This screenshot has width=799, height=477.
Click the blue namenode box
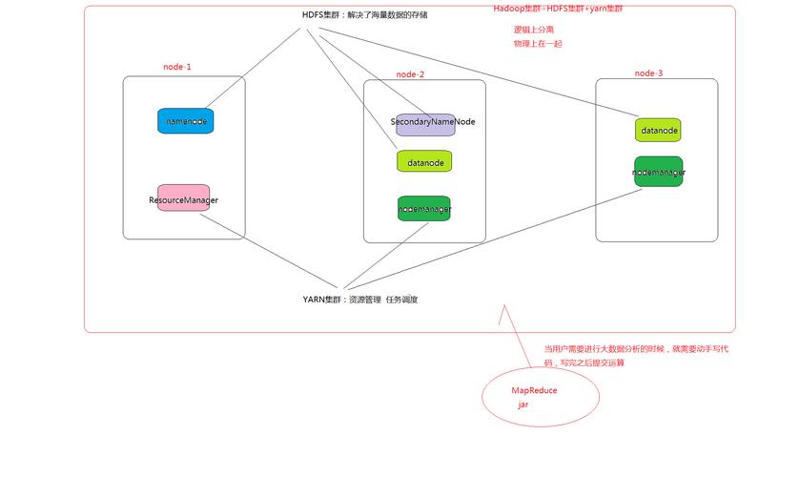(x=184, y=121)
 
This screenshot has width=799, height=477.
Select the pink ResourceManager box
(x=183, y=198)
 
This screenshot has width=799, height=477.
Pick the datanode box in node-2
(x=424, y=161)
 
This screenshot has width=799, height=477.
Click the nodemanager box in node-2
(x=424, y=208)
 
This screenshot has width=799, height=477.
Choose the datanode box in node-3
(x=659, y=129)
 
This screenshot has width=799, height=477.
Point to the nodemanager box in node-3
(x=659, y=172)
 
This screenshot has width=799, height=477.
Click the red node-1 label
(x=177, y=67)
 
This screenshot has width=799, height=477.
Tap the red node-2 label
(x=410, y=73)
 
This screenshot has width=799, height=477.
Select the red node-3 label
(x=648, y=73)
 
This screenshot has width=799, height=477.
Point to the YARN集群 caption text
(x=360, y=299)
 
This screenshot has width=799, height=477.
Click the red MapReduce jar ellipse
(x=542, y=395)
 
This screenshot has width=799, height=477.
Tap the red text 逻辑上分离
(x=534, y=29)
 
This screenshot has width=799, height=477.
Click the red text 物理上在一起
(x=538, y=43)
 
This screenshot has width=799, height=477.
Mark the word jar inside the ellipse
(x=523, y=404)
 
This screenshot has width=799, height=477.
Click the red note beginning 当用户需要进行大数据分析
(x=635, y=355)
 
